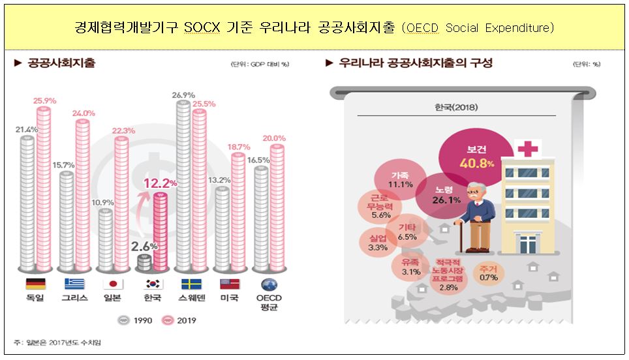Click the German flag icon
click(x=35, y=284)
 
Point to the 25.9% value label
click(x=45, y=100)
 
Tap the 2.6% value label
click(x=144, y=247)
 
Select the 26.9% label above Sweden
click(x=183, y=95)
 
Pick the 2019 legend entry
click(x=179, y=320)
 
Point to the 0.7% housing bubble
click(x=488, y=273)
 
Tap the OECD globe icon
click(x=269, y=284)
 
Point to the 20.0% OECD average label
click(x=274, y=138)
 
